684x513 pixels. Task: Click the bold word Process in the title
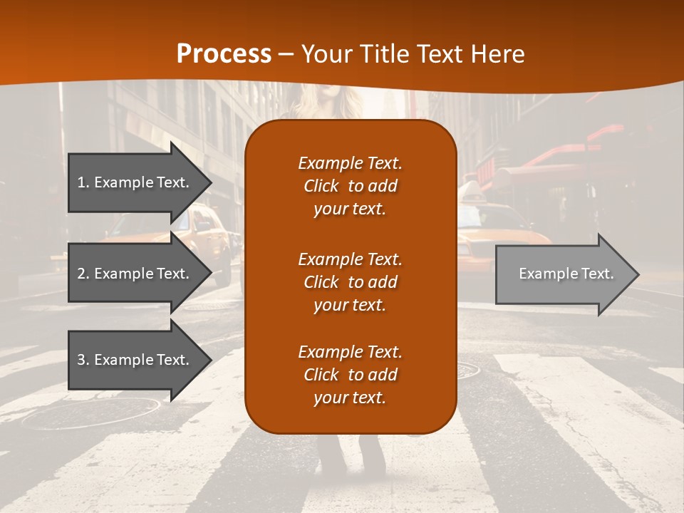click(x=224, y=54)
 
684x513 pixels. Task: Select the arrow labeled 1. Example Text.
click(x=135, y=182)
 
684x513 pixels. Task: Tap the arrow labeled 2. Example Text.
click(x=135, y=274)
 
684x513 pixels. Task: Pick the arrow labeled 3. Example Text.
click(x=135, y=360)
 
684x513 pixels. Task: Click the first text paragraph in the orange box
click(x=350, y=186)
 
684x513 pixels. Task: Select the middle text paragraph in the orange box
click(x=350, y=282)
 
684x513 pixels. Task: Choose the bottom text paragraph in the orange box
click(x=350, y=375)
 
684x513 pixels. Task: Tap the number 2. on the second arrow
click(x=83, y=274)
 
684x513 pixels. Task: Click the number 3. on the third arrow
click(x=83, y=360)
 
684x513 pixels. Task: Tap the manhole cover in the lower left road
click(x=93, y=413)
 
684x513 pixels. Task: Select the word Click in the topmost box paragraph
click(x=321, y=186)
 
